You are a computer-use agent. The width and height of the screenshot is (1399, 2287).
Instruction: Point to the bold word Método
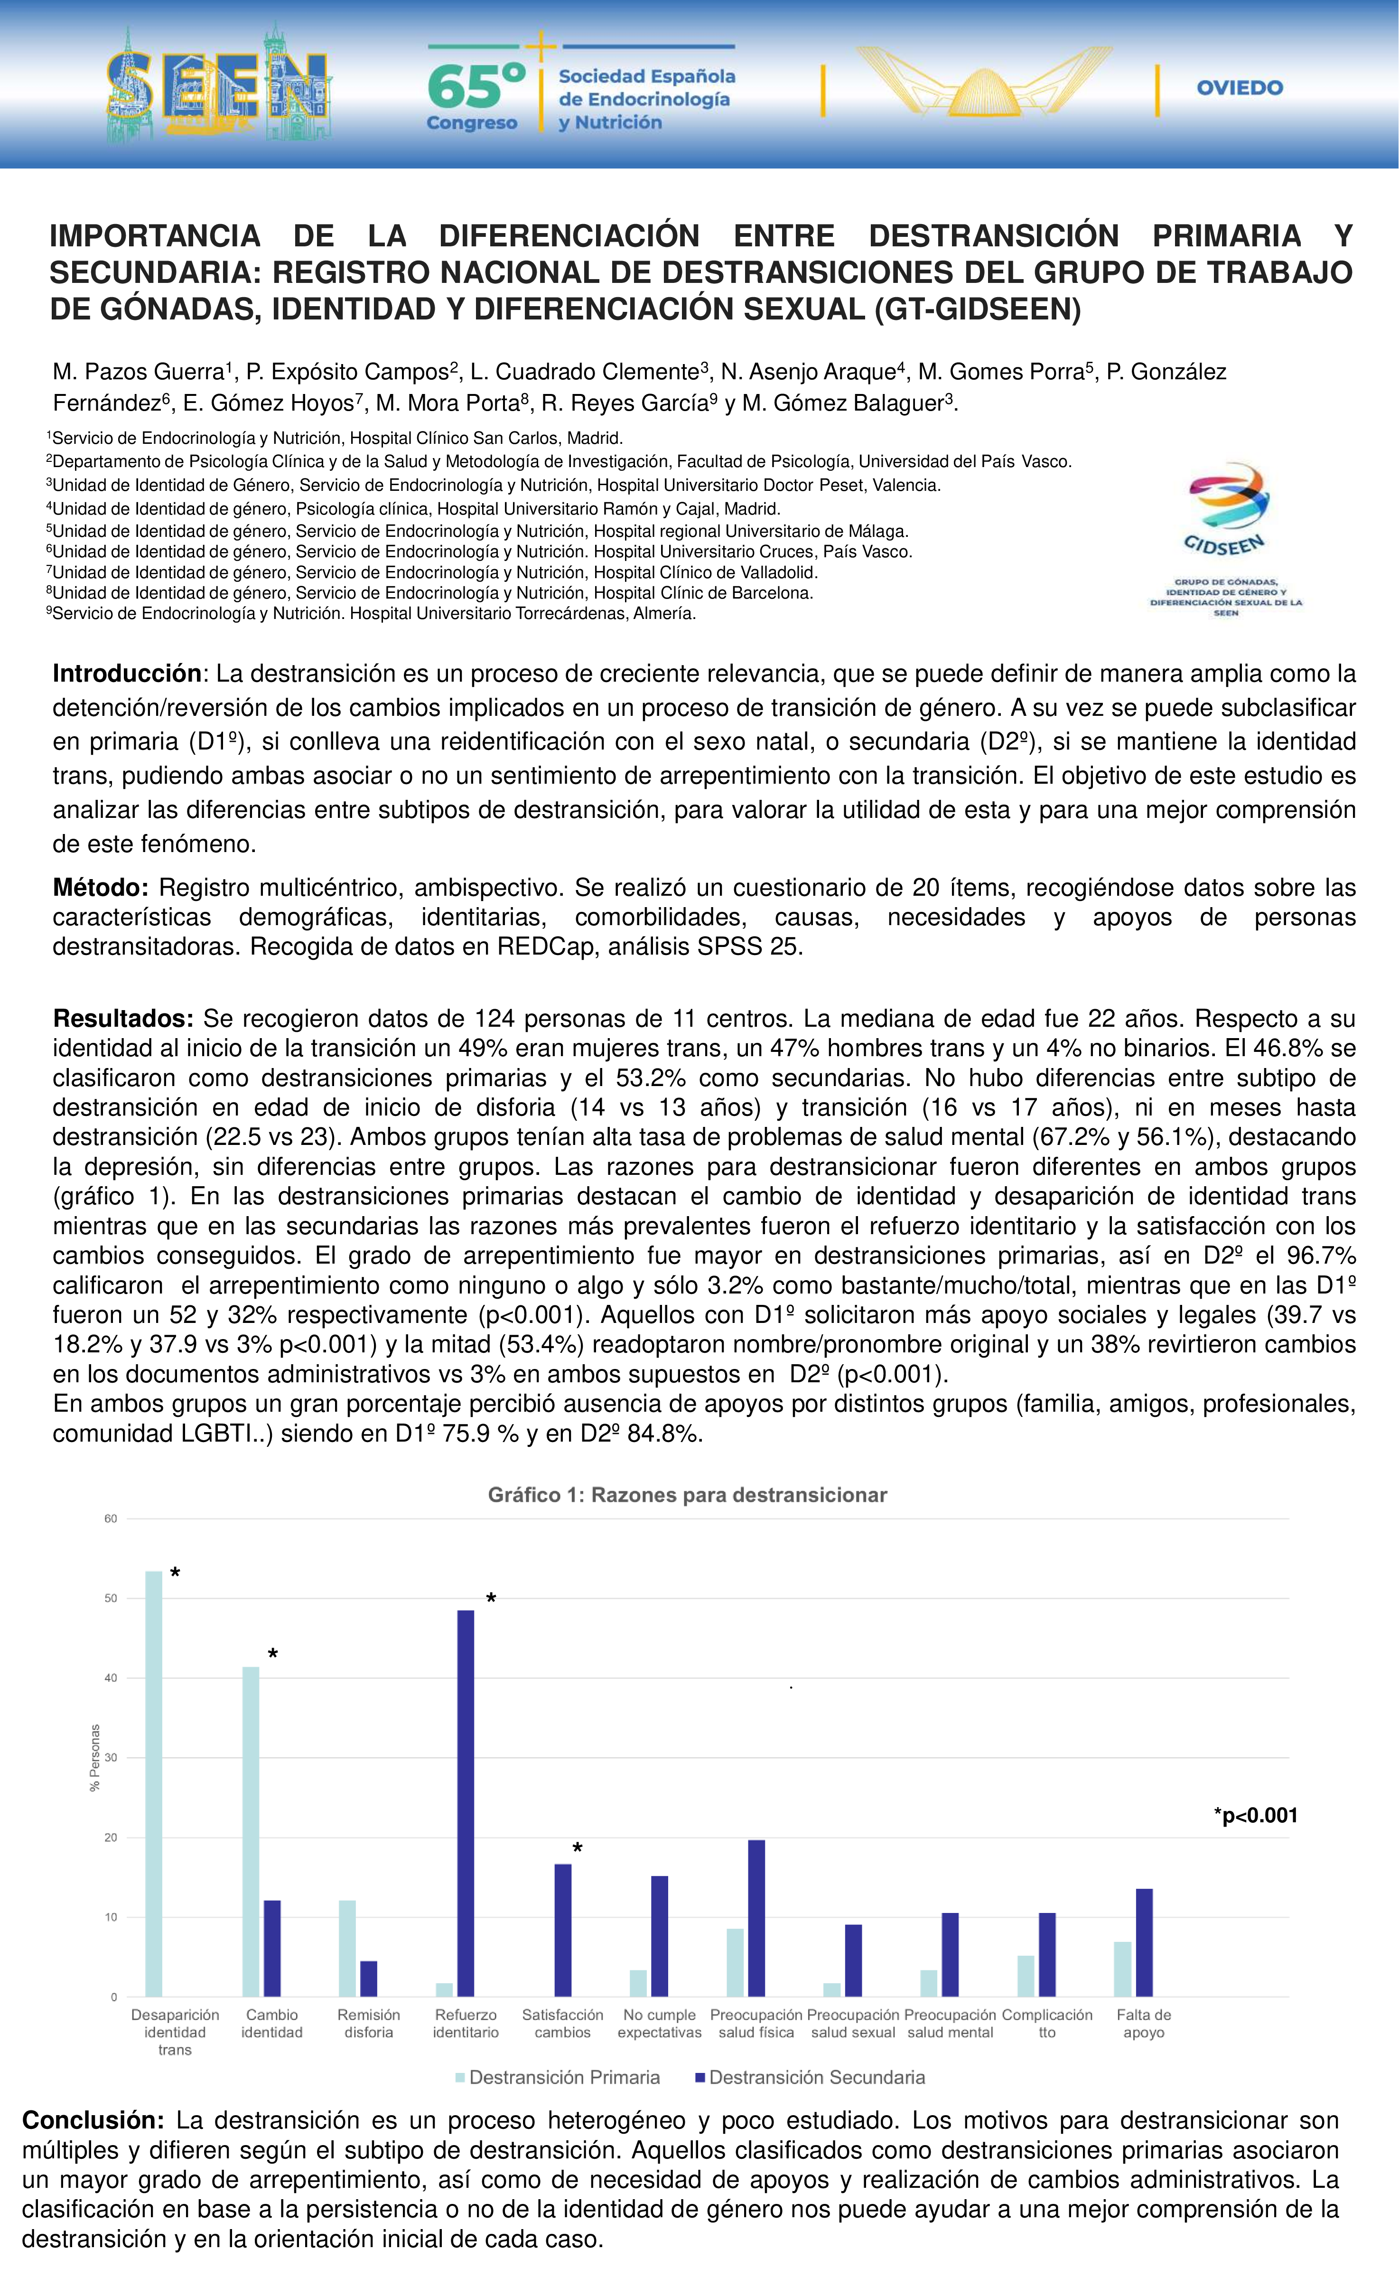100,887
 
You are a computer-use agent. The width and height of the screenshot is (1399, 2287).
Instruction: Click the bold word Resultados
122,1018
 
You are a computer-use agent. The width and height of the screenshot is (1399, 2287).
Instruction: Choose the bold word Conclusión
93,2120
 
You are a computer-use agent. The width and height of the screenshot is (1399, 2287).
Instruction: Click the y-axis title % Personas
94,1758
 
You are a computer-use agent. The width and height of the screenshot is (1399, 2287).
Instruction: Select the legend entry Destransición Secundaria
809,2077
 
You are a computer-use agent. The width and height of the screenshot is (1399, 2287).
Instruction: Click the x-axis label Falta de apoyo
1144,2024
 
